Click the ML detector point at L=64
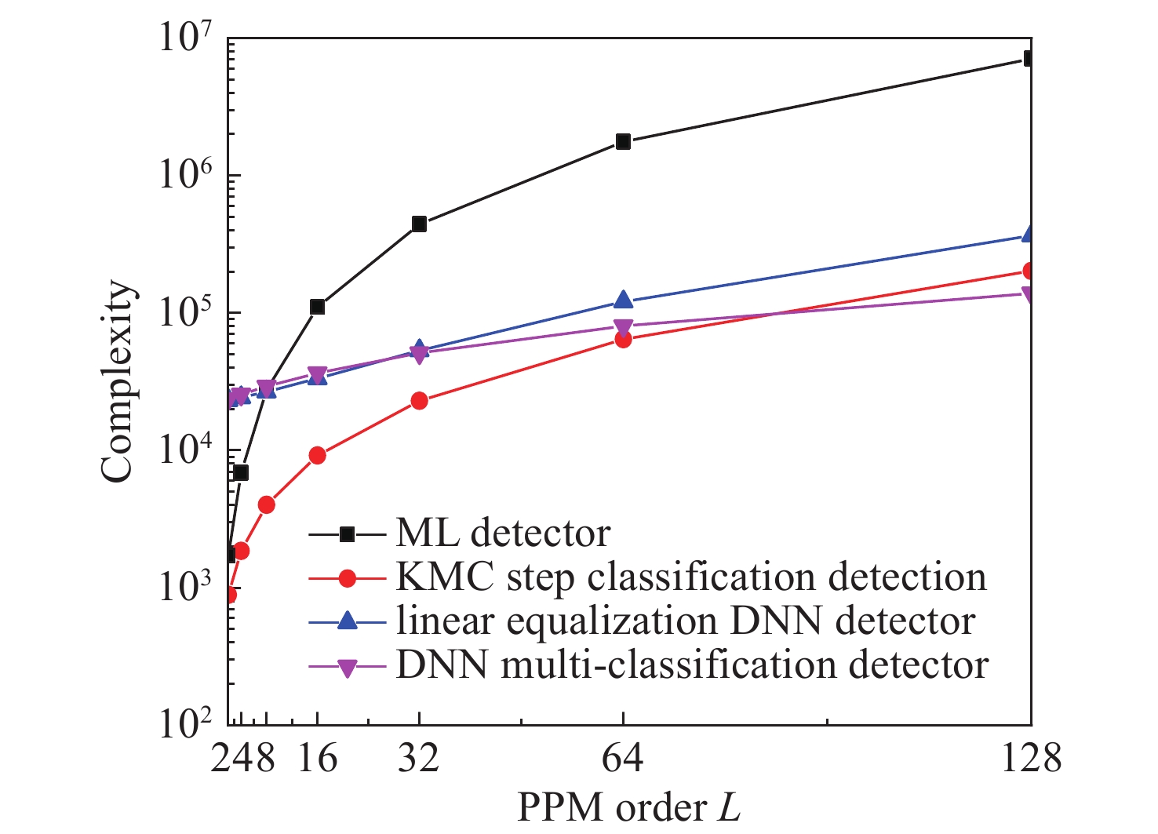[x=623, y=141]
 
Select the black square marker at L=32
[x=419, y=224]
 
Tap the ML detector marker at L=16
[x=317, y=307]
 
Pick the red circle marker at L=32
[x=419, y=401]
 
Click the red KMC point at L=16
[x=317, y=456]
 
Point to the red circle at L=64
[x=623, y=340]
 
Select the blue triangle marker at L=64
[x=623, y=300]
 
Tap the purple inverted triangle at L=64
[x=623, y=327]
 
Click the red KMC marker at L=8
[x=266, y=504]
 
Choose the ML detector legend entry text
[x=503, y=534]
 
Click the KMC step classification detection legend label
[x=690, y=577]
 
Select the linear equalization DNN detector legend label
[x=686, y=621]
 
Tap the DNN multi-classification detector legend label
[x=692, y=665]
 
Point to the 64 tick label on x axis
[x=623, y=759]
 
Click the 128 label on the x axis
[x=1031, y=759]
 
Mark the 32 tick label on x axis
[x=419, y=759]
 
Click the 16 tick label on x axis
[x=317, y=759]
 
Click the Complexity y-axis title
[x=118, y=381]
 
